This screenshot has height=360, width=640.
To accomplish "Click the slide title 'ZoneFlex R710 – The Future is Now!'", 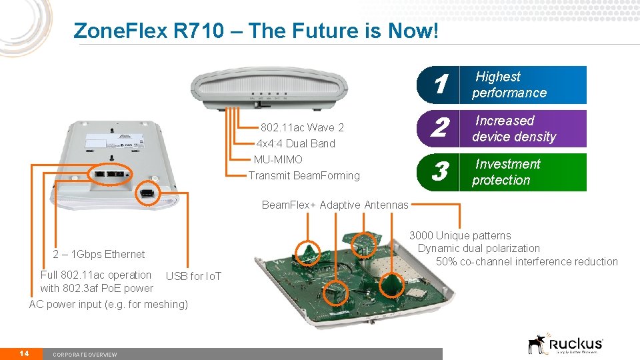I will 256,31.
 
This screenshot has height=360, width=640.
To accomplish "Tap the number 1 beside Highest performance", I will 439,85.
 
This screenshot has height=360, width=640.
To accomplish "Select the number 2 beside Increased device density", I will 439,129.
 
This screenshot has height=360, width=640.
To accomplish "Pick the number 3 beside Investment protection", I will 439,172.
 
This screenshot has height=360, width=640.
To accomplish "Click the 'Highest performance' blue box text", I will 509,85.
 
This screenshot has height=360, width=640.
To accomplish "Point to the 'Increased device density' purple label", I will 513,129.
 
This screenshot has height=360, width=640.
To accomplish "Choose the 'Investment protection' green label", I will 507,172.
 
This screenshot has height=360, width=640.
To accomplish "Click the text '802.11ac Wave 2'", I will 302,127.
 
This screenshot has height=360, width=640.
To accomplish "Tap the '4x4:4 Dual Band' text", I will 296,143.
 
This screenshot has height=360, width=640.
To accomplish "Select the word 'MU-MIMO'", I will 278,159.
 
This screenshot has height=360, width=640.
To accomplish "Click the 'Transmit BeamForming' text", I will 304,175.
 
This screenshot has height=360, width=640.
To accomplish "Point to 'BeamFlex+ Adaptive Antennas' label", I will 335,205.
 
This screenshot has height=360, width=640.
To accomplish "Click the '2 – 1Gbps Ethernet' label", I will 99,254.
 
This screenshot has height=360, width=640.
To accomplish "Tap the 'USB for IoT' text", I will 193,276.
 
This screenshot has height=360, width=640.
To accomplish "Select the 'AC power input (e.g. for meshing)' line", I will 109,304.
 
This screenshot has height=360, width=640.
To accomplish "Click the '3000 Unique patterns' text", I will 460,235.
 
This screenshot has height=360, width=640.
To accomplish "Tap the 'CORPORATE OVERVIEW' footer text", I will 85,354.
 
